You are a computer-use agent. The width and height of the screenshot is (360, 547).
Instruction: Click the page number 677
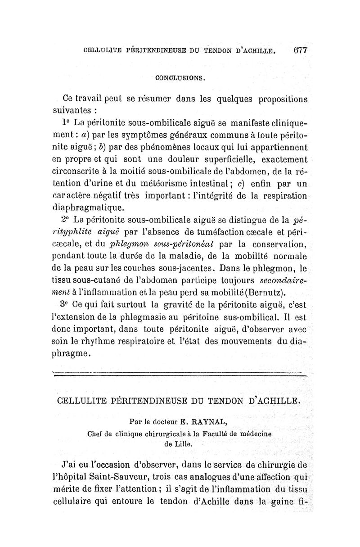299,50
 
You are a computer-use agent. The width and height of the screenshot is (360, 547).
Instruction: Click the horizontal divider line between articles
180,373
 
